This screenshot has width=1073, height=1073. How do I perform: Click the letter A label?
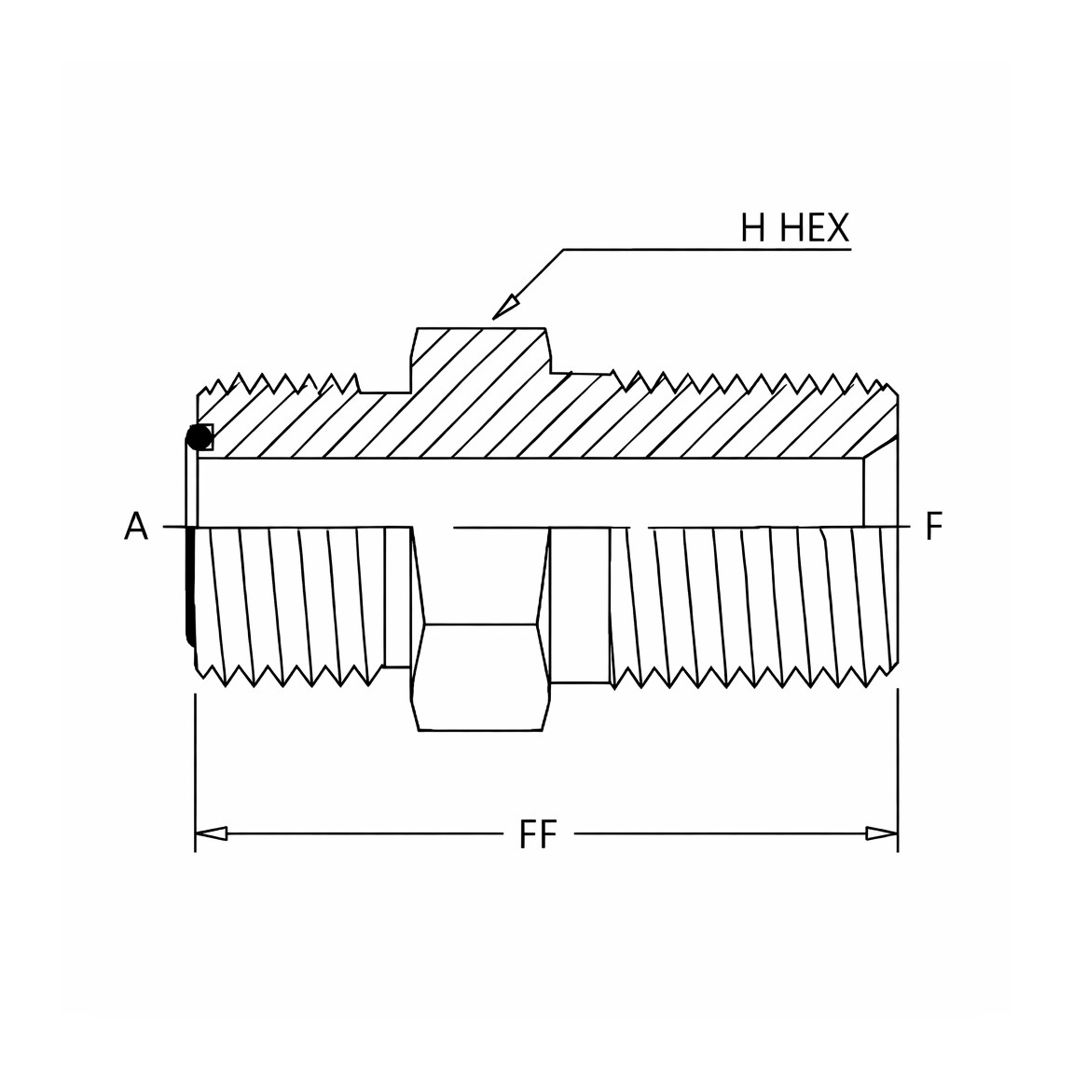tap(135, 527)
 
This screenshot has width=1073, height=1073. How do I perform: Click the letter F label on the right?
tap(934, 527)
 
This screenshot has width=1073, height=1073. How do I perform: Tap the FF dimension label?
tap(538, 834)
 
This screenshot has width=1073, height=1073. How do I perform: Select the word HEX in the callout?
tap(815, 227)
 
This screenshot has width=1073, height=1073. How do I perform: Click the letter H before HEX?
tap(752, 227)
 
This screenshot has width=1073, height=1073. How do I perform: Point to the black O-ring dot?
tap(199, 437)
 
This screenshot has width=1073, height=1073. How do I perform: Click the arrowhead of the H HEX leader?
tap(504, 308)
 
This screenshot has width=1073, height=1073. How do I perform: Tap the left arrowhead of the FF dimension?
tap(211, 833)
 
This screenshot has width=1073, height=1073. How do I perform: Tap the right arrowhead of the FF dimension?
tap(882, 833)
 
